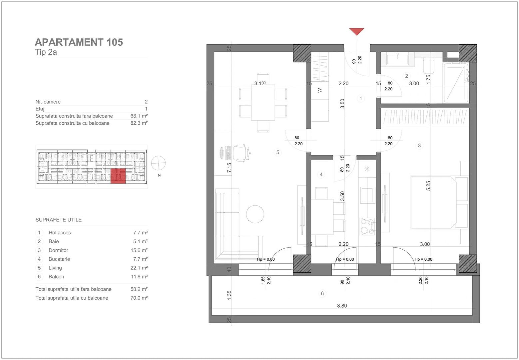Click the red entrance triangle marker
pyautogui.click(x=356, y=32)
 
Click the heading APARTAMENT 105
pyautogui.click(x=79, y=42)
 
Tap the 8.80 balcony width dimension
pyautogui.click(x=342, y=306)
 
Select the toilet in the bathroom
pyautogui.click(x=428, y=66)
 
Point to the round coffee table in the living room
pyautogui.click(x=255, y=214)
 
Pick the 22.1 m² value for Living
pyautogui.click(x=139, y=268)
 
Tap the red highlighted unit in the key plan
pyautogui.click(x=118, y=176)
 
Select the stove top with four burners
pyautogui.click(x=368, y=226)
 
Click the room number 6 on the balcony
pyautogui.click(x=322, y=294)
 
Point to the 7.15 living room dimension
pyautogui.click(x=229, y=168)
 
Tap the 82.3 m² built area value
pyautogui.click(x=139, y=123)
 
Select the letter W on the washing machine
pyautogui.click(x=320, y=90)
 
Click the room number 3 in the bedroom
pyautogui.click(x=419, y=146)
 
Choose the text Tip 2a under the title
pyautogui.click(x=46, y=52)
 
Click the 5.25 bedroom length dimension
pyautogui.click(x=428, y=186)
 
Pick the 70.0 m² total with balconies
pyautogui.click(x=139, y=298)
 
